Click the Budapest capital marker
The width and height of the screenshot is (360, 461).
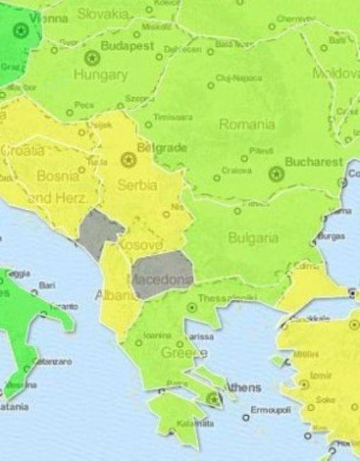point(91,57)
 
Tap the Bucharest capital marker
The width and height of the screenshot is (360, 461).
point(276,172)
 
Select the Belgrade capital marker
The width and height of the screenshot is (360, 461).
point(128,160)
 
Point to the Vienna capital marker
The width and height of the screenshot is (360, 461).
point(21,30)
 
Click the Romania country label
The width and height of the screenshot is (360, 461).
point(247,124)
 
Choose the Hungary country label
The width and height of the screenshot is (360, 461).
point(101,74)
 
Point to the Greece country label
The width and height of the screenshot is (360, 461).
point(184,352)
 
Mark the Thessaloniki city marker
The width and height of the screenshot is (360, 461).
point(191,308)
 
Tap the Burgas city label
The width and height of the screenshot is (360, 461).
point(332,235)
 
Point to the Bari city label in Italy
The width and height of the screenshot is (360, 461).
point(47,285)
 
